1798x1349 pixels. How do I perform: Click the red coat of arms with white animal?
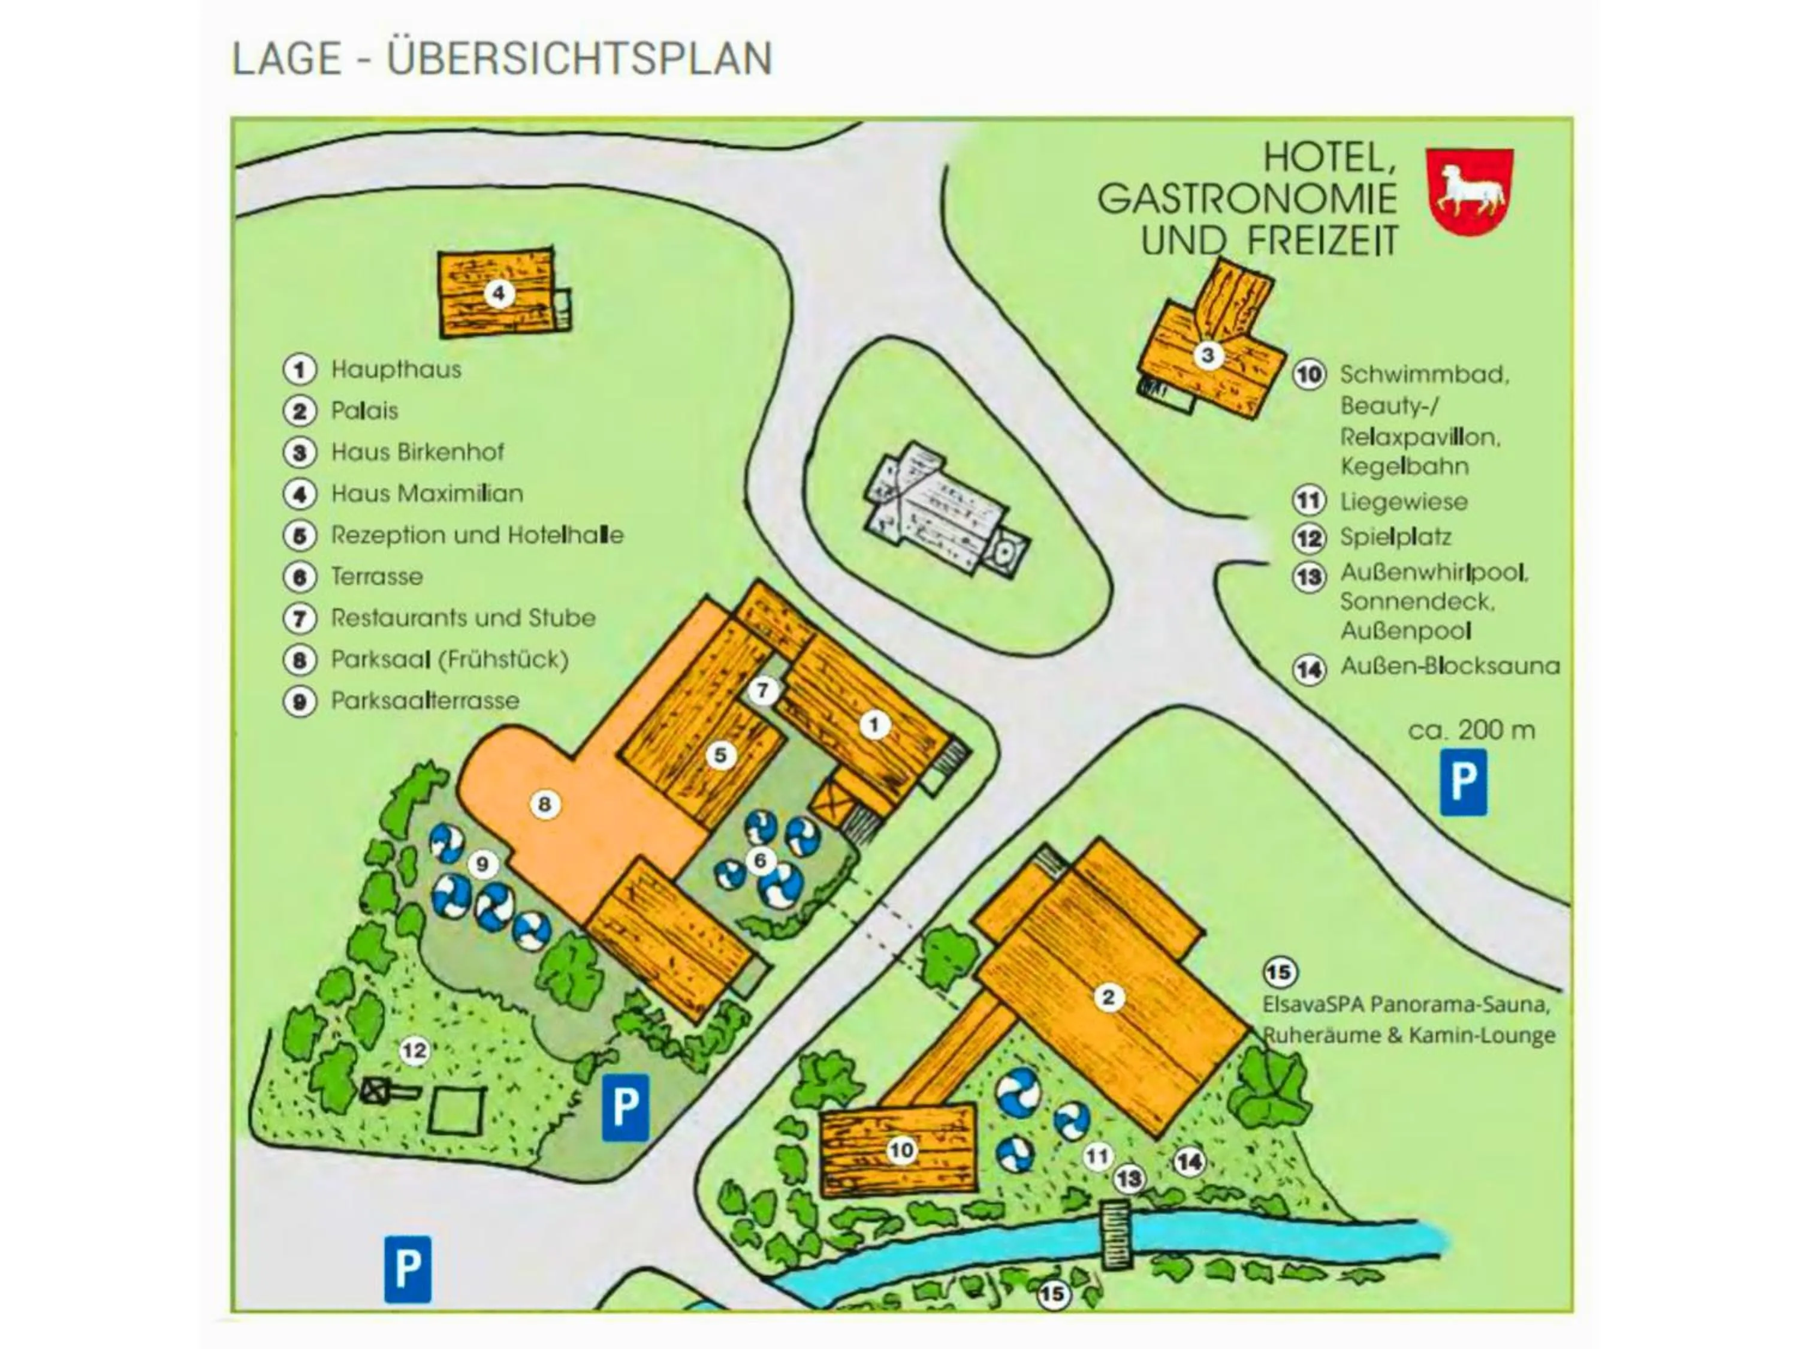[1469, 192]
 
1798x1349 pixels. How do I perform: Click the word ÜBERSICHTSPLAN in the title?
[579, 59]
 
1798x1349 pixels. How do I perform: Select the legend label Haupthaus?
[396, 370]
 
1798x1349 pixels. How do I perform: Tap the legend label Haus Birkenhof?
[417, 452]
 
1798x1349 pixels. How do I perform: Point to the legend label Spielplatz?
[1395, 537]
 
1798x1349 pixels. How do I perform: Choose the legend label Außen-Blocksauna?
[1449, 667]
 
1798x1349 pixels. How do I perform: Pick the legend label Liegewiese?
[1403, 502]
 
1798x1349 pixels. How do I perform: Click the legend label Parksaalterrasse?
[424, 701]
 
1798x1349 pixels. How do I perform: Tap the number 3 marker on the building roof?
[1208, 356]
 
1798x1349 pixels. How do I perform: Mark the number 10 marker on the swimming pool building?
[901, 1151]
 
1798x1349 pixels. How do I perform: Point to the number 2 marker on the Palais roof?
[1109, 998]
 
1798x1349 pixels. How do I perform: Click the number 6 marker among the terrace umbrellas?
[761, 860]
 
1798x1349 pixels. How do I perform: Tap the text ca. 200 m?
[1471, 730]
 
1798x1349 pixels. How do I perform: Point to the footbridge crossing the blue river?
[1115, 1235]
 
